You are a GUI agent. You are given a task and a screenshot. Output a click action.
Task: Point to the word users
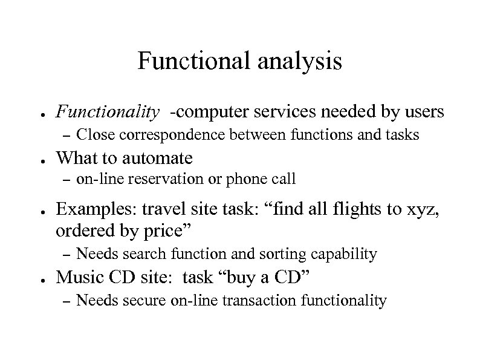(x=422, y=112)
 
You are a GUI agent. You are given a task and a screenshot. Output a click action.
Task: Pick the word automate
(x=157, y=159)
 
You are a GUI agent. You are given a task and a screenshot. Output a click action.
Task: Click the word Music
(x=76, y=277)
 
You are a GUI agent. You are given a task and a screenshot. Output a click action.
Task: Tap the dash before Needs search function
(x=67, y=254)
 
